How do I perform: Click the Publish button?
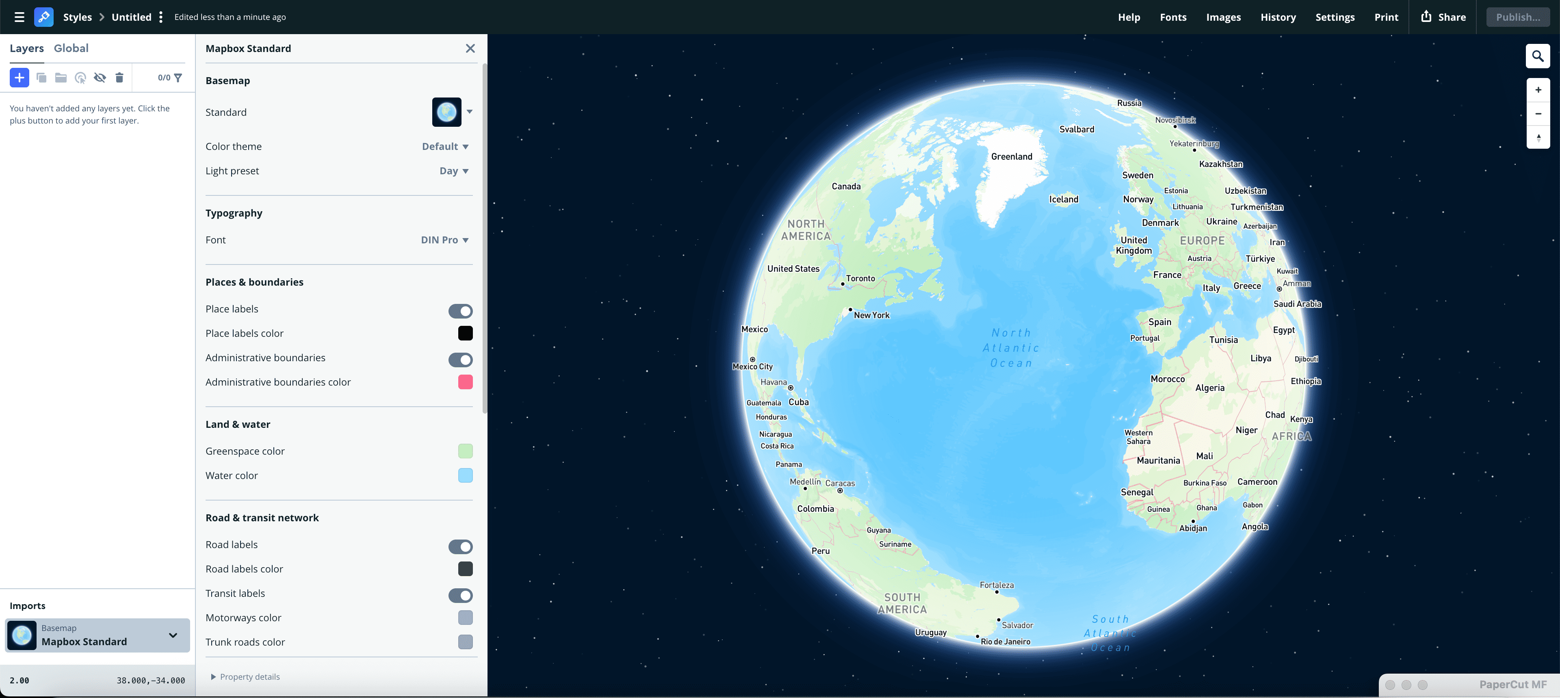tap(1518, 17)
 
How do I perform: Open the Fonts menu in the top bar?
tap(1173, 17)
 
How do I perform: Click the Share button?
tap(1444, 17)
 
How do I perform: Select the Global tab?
tap(71, 48)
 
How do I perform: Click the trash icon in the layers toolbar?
tap(119, 78)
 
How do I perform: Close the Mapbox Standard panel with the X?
tap(470, 48)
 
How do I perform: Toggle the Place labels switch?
tap(460, 311)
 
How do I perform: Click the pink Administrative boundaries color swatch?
tap(465, 382)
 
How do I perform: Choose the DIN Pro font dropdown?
tap(444, 240)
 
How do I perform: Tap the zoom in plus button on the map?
tap(1538, 90)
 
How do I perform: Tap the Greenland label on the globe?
tap(1011, 156)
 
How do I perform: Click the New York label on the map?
tap(871, 315)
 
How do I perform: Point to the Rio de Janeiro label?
tap(1005, 642)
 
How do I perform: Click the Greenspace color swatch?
tap(465, 451)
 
